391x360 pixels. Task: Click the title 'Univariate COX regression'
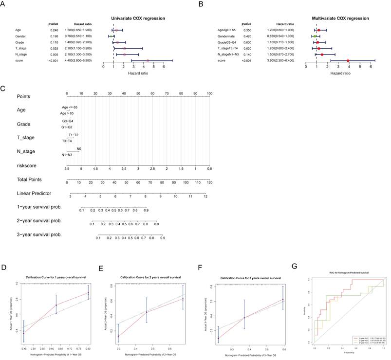coord(138,18)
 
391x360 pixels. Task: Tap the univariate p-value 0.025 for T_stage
coord(54,48)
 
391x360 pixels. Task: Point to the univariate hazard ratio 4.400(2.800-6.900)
coord(80,61)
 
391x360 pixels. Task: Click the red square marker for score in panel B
coord(349,61)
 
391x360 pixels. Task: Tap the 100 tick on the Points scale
coord(209,93)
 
